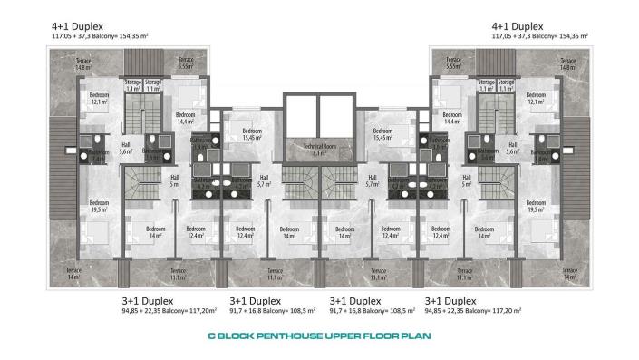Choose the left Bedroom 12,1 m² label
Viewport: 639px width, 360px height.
pos(100,98)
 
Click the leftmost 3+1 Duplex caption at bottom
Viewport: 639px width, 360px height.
pos(153,300)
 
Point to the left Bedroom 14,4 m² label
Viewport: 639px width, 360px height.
pos(186,118)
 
